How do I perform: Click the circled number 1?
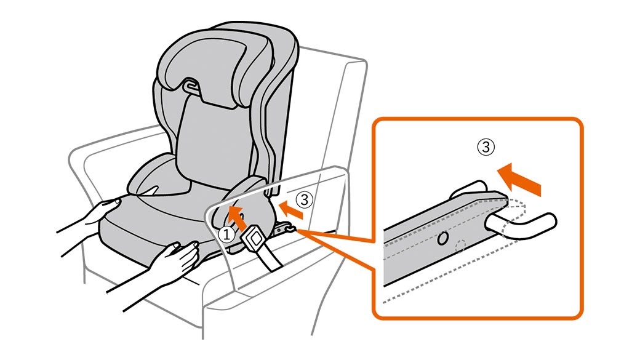226,234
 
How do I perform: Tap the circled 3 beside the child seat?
304,199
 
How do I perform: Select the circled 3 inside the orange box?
486,147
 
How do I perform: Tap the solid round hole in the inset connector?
442,238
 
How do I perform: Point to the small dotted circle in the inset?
460,246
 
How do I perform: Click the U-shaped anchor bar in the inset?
521,225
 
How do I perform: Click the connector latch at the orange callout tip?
286,228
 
